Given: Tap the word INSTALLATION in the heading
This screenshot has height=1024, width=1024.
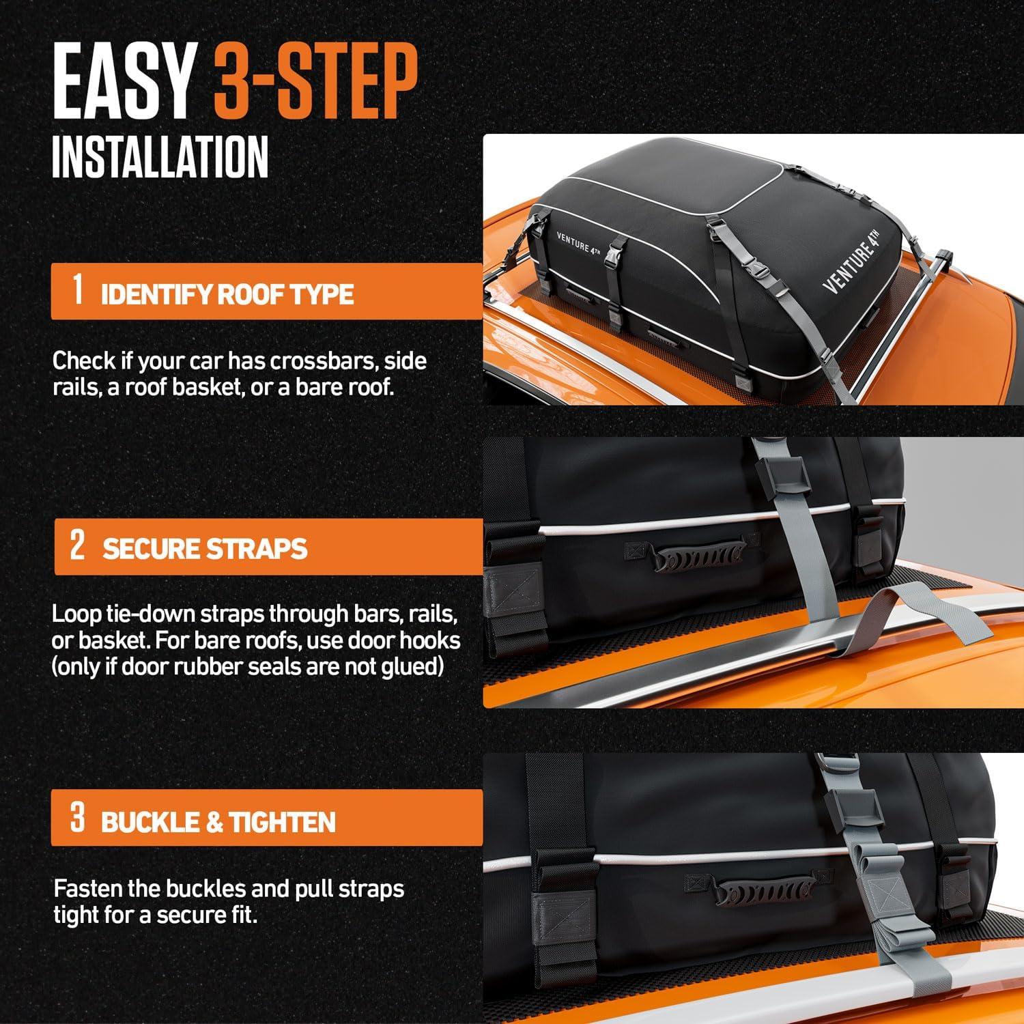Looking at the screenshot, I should coord(160,158).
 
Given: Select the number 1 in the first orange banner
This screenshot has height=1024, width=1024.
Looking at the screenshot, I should coord(78,289).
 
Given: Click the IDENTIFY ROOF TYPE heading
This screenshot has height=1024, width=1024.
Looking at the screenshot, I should coord(227,295).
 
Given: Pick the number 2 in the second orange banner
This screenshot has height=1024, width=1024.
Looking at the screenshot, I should coord(77,545).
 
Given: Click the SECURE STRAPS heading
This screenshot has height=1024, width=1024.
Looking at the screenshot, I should coord(205,549).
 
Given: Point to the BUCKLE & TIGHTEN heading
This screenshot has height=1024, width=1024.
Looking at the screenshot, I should coord(218,822).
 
